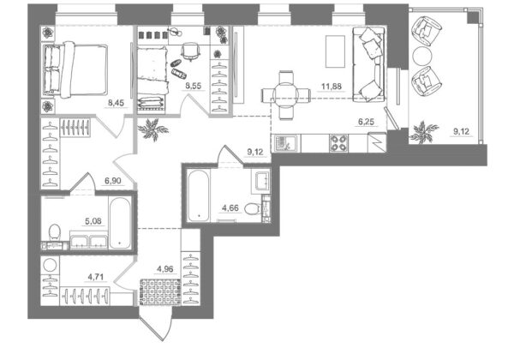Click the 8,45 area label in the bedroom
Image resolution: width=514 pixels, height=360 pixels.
pyautogui.click(x=116, y=103)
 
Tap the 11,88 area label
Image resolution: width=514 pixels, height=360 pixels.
pyautogui.click(x=332, y=87)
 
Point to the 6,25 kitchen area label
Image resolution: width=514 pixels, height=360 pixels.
pyautogui.click(x=366, y=122)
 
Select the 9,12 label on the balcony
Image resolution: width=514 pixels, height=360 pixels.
pyautogui.click(x=461, y=132)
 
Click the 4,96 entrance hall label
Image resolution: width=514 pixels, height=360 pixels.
pyautogui.click(x=165, y=269)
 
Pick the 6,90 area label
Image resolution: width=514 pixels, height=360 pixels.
pyautogui.click(x=113, y=181)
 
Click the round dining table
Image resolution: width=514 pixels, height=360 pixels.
pyautogui.click(x=285, y=95)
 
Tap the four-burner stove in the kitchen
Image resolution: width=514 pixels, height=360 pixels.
pyautogui.click(x=339, y=143)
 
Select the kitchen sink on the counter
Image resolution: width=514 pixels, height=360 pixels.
pyautogui.click(x=284, y=144)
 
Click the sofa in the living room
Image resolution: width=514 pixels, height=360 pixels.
pyautogui.click(x=368, y=64)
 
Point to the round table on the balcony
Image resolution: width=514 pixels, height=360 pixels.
pyautogui.click(x=422, y=56)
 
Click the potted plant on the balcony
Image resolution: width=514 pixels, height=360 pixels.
pyautogui.click(x=423, y=132)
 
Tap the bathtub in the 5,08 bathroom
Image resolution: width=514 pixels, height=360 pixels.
pyautogui.click(x=120, y=223)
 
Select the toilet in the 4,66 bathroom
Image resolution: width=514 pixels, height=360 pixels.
pyautogui.click(x=253, y=208)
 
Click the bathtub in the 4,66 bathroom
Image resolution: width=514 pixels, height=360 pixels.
pyautogui.click(x=199, y=195)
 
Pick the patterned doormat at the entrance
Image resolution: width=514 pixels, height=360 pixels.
pyautogui.click(x=160, y=291)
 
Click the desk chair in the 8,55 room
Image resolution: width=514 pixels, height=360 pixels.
pyautogui.click(x=190, y=51)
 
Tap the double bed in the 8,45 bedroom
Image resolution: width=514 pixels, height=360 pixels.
pyautogui.click(x=75, y=69)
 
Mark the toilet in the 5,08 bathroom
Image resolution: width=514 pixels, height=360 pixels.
pyautogui.click(x=55, y=232)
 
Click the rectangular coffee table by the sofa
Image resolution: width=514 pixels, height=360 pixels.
pyautogui.click(x=335, y=51)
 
